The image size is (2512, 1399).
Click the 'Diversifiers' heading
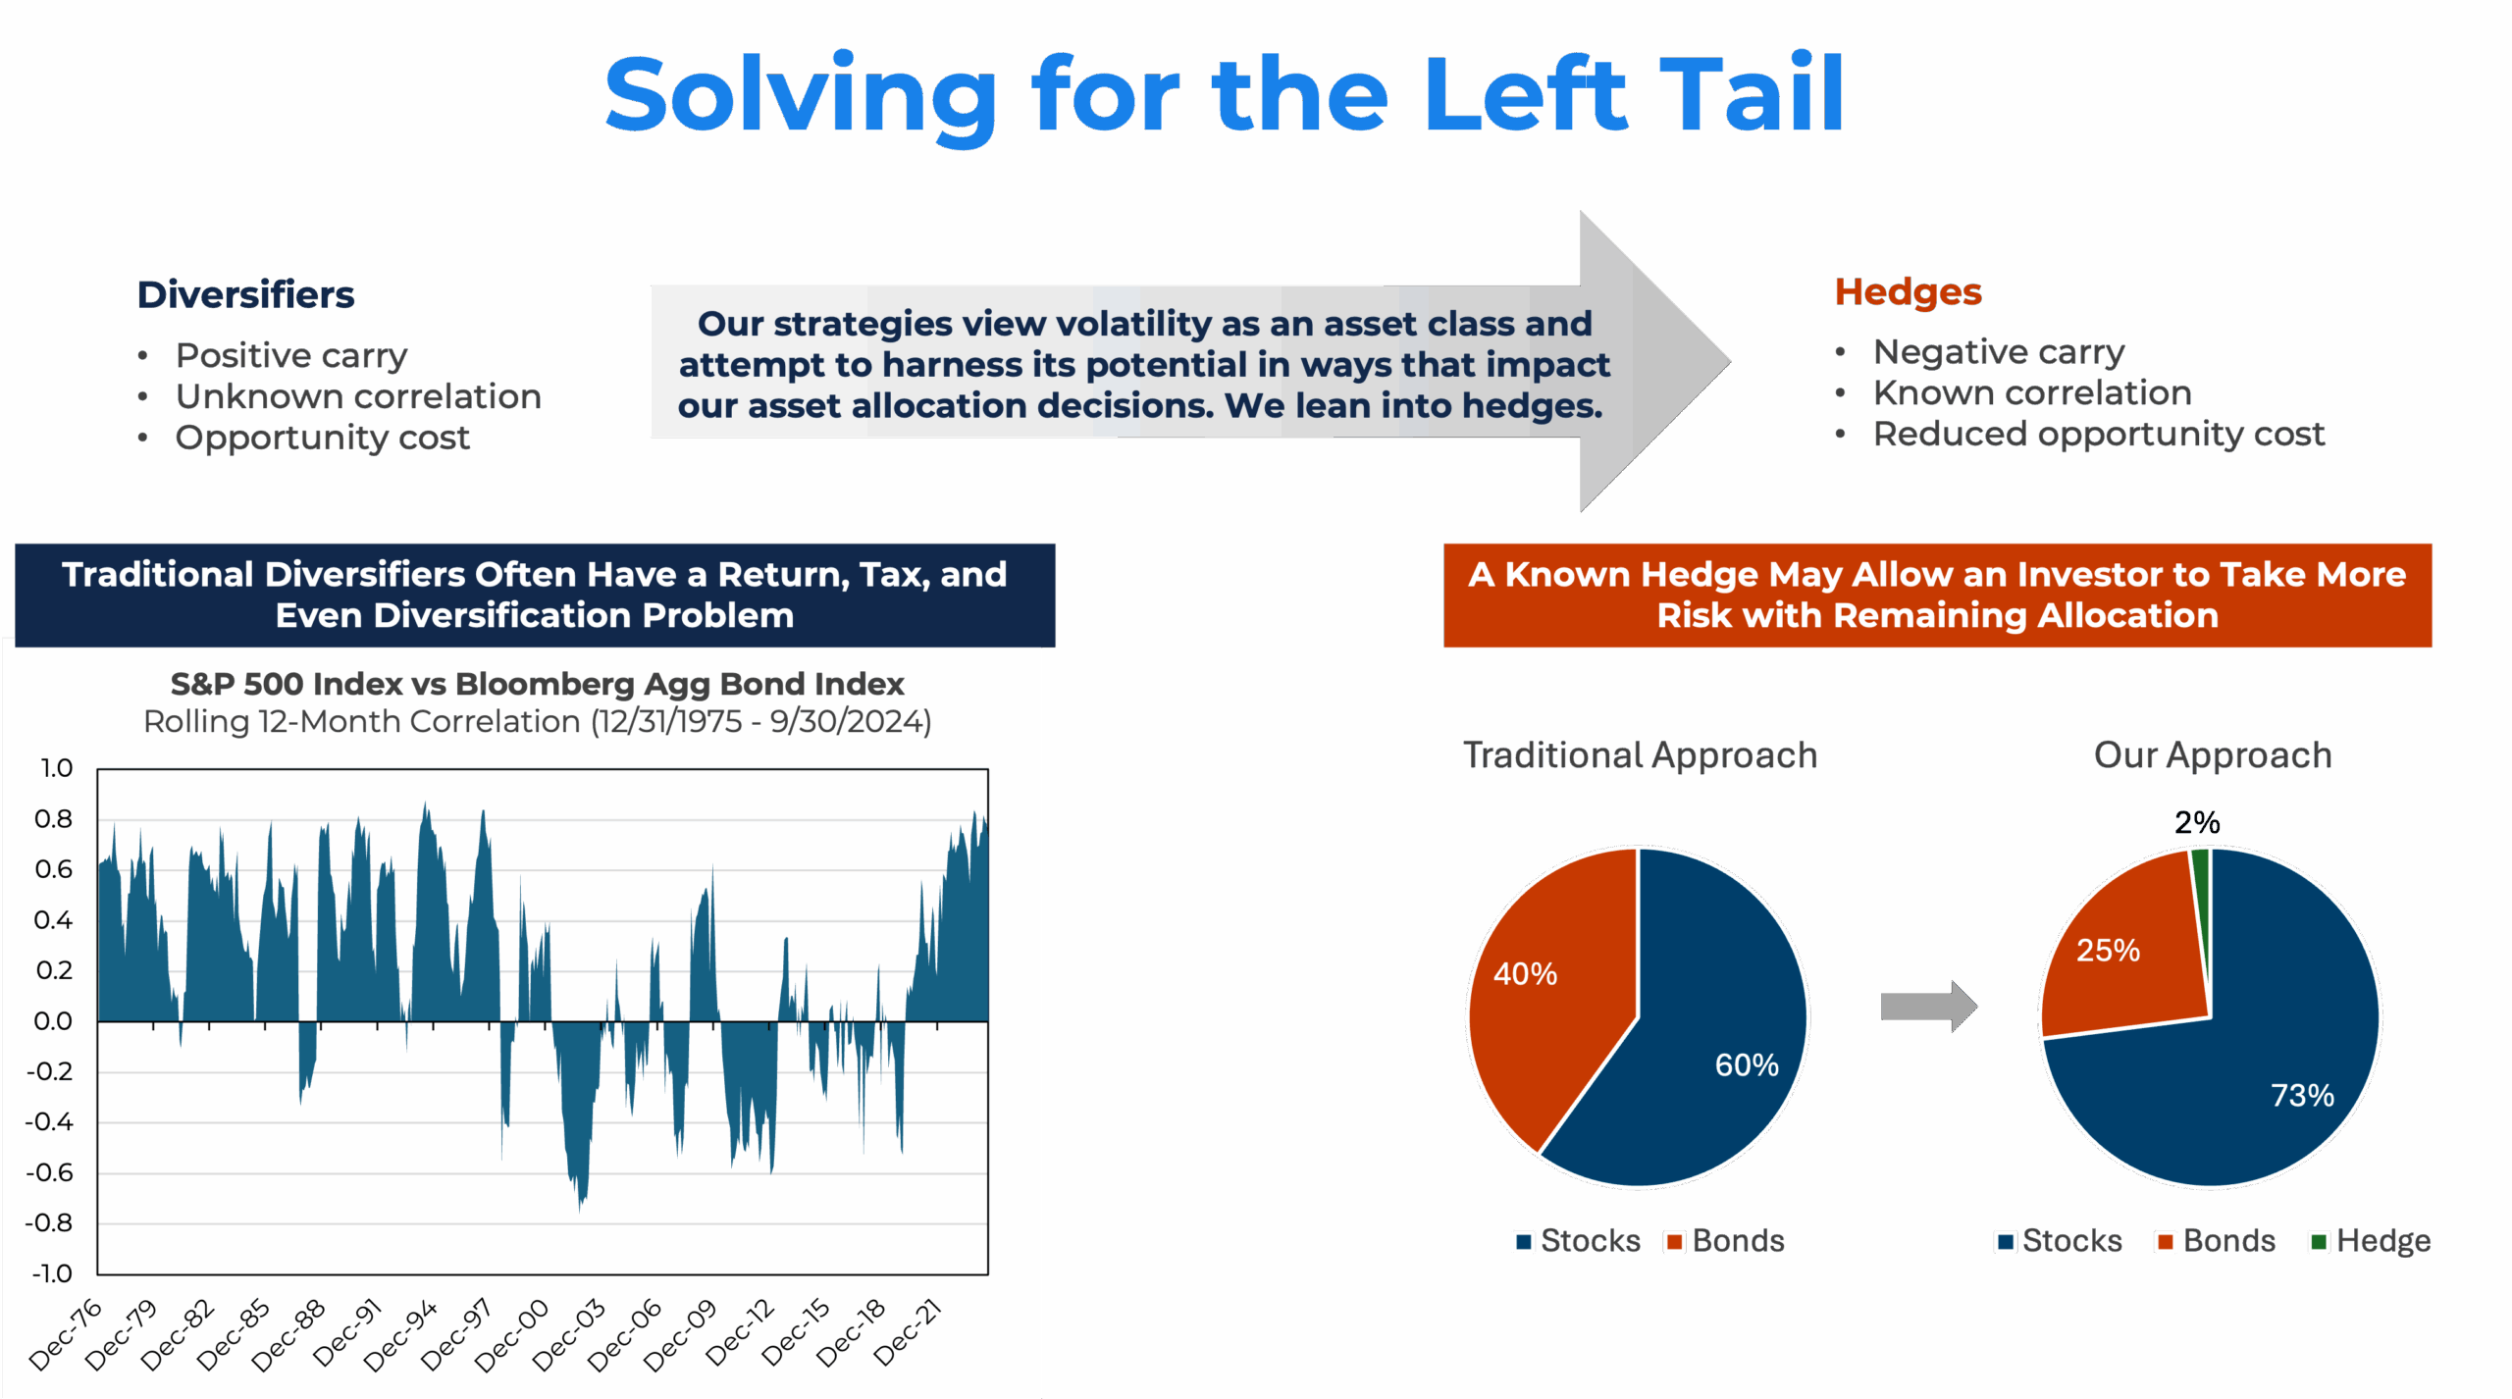(245, 294)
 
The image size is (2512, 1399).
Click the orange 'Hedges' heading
(1908, 292)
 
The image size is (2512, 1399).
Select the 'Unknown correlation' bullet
(358, 396)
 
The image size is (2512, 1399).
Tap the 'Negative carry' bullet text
(1998, 351)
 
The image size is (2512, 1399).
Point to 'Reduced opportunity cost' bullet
(2098, 434)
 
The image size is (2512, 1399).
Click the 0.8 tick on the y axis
(54, 818)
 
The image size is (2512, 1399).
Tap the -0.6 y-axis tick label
(50, 1172)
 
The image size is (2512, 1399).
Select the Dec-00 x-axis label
(513, 1334)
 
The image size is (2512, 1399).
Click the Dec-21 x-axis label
(909, 1331)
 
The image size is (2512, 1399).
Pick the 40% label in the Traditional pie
(1525, 973)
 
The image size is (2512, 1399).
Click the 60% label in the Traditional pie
(1747, 1064)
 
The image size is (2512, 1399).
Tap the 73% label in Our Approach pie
(2302, 1095)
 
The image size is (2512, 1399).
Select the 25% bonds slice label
(2108, 950)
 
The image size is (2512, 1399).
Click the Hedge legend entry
(2371, 1241)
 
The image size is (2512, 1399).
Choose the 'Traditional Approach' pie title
(1640, 755)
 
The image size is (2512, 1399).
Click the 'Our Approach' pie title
(2213, 755)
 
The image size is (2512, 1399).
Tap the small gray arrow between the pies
(1928, 1007)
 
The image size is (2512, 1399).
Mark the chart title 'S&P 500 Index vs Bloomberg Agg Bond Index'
(537, 683)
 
